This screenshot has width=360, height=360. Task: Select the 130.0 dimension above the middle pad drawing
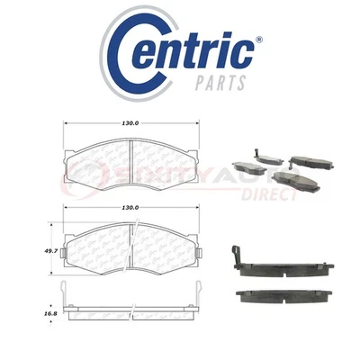[131, 209]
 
